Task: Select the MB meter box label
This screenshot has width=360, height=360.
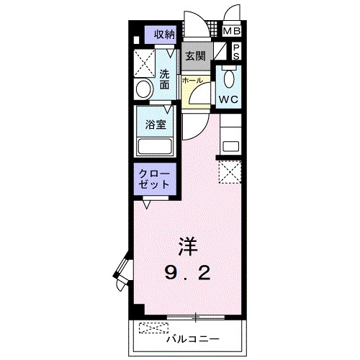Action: click(x=232, y=32)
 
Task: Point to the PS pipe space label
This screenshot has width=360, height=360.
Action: click(x=235, y=52)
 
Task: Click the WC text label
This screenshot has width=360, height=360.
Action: click(x=230, y=97)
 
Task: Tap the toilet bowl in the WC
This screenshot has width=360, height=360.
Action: click(x=230, y=77)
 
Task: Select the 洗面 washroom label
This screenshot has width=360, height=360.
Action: click(x=165, y=78)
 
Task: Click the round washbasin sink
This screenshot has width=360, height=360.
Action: click(x=143, y=89)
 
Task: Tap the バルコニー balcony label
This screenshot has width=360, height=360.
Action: click(x=192, y=336)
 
